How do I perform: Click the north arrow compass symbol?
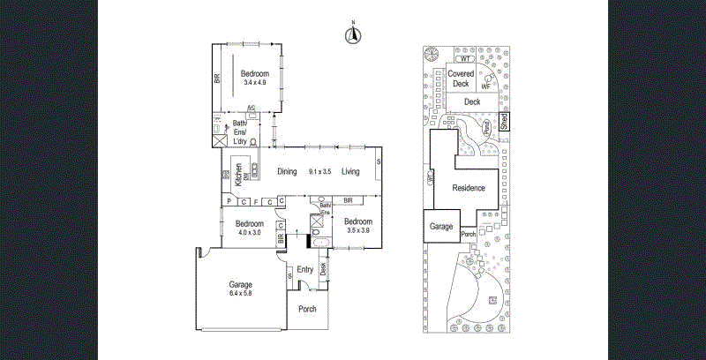pos(352,35)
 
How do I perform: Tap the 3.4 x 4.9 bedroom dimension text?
pos(256,83)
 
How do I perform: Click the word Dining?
pos(287,172)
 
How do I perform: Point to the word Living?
pos(351,172)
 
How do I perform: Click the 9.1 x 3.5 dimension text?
pos(319,172)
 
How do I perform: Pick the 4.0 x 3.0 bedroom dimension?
pos(249,233)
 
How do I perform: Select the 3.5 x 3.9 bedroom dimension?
pos(357,230)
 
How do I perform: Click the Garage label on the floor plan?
pos(241,285)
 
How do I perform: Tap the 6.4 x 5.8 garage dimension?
pos(241,294)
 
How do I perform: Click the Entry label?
pos(305,270)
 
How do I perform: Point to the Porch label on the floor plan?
pos(307,309)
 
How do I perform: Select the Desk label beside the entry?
pos(323,268)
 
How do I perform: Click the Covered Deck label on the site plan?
pos(460,79)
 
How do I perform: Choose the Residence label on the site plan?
pos(469,188)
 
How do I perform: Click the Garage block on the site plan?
pos(441,227)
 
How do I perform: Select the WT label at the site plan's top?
pos(467,58)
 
